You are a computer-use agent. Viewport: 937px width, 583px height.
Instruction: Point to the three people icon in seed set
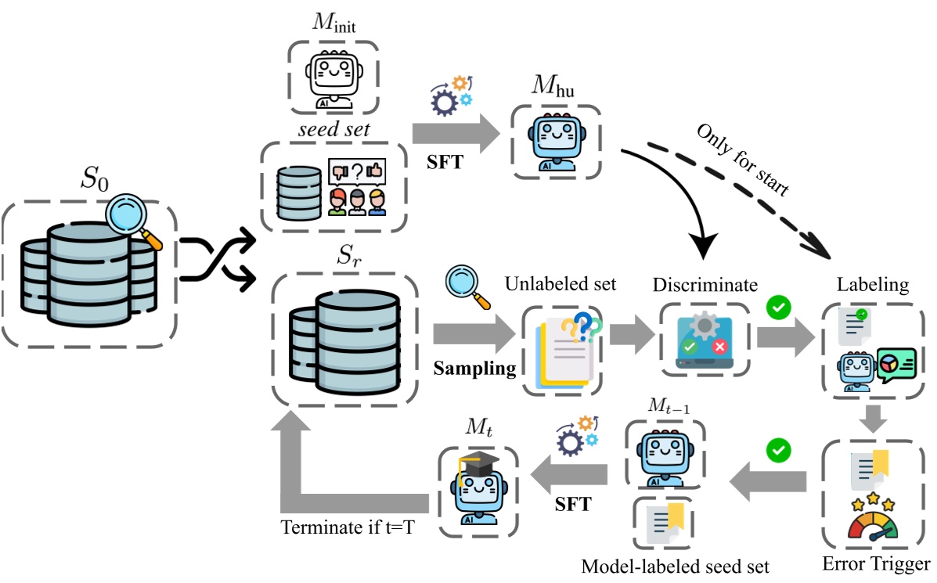click(x=357, y=200)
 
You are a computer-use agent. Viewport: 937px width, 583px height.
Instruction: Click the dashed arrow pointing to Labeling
click(x=751, y=200)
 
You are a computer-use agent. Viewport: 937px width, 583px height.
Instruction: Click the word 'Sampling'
click(x=475, y=368)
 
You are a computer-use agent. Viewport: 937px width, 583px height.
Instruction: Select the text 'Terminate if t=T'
click(x=349, y=527)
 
